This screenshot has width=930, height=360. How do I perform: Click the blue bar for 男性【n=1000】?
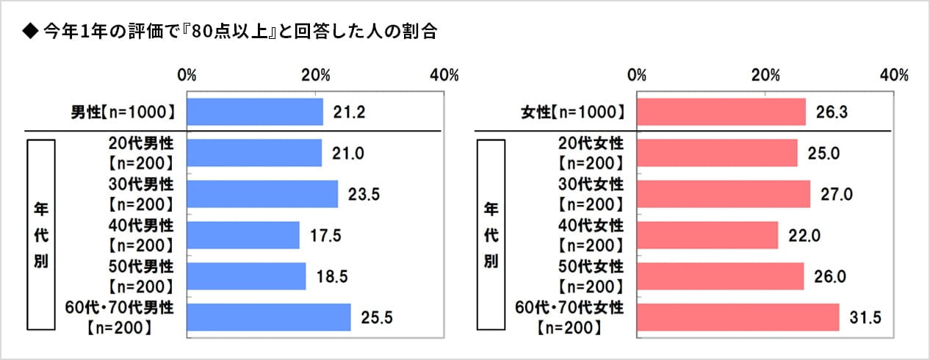pyautogui.click(x=255, y=112)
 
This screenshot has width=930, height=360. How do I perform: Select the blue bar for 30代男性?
pyautogui.click(x=262, y=194)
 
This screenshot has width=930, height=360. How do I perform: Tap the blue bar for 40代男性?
pyautogui.click(x=243, y=235)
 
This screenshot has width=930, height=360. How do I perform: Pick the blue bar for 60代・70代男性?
pyautogui.click(x=269, y=317)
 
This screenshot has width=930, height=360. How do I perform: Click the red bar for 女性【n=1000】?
pyautogui.click(x=721, y=112)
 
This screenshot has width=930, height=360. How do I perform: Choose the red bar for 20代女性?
pyautogui.click(x=717, y=153)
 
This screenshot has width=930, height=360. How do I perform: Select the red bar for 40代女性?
pyautogui.click(x=707, y=235)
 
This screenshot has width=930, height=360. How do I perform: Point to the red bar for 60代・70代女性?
pyautogui.click(x=738, y=317)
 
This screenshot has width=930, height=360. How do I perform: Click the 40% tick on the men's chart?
pyautogui.click(x=444, y=75)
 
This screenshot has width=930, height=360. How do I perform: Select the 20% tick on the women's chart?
pyautogui.click(x=766, y=75)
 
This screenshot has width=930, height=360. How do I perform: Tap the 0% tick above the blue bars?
pyautogui.click(x=187, y=75)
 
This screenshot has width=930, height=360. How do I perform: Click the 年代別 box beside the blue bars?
pyautogui.click(x=40, y=235)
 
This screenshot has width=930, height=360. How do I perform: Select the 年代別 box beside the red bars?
pyautogui.click(x=491, y=235)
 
